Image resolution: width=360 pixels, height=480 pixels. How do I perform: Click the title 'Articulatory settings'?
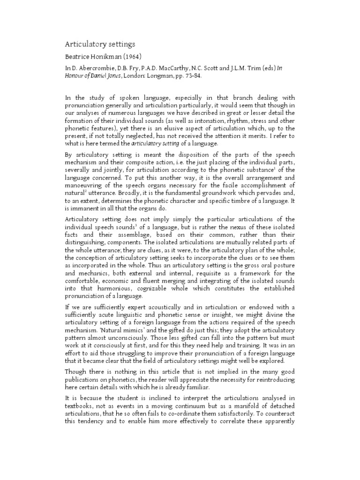(99, 44)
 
